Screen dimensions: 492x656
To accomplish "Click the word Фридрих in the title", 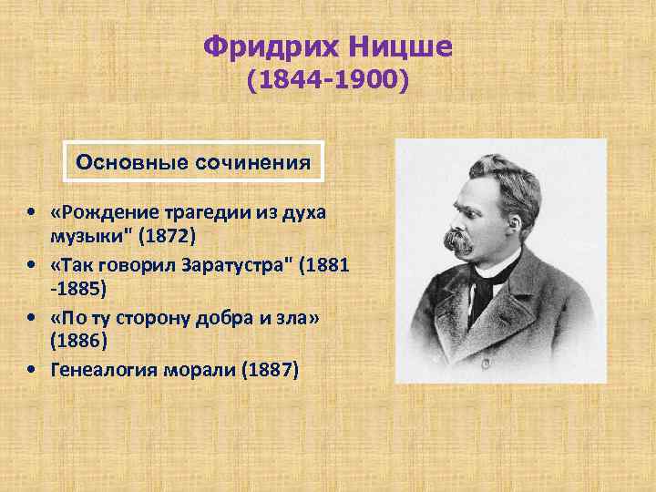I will (265, 45).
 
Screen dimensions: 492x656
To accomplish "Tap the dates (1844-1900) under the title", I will (329, 83).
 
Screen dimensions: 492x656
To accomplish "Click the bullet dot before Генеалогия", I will (32, 370).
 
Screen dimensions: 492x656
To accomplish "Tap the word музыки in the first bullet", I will (83, 235).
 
